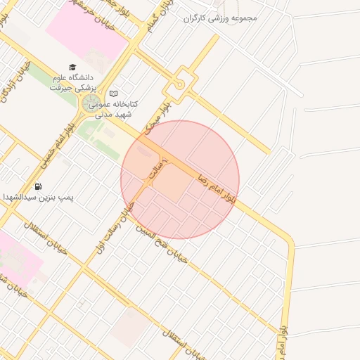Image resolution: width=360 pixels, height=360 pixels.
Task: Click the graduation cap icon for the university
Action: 72,67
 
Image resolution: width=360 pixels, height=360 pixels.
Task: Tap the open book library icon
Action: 114,93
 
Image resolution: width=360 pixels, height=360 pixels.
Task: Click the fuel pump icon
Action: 37,186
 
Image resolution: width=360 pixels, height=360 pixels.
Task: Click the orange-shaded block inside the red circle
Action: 170,182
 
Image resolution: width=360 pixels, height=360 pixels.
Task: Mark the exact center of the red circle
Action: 180,180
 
